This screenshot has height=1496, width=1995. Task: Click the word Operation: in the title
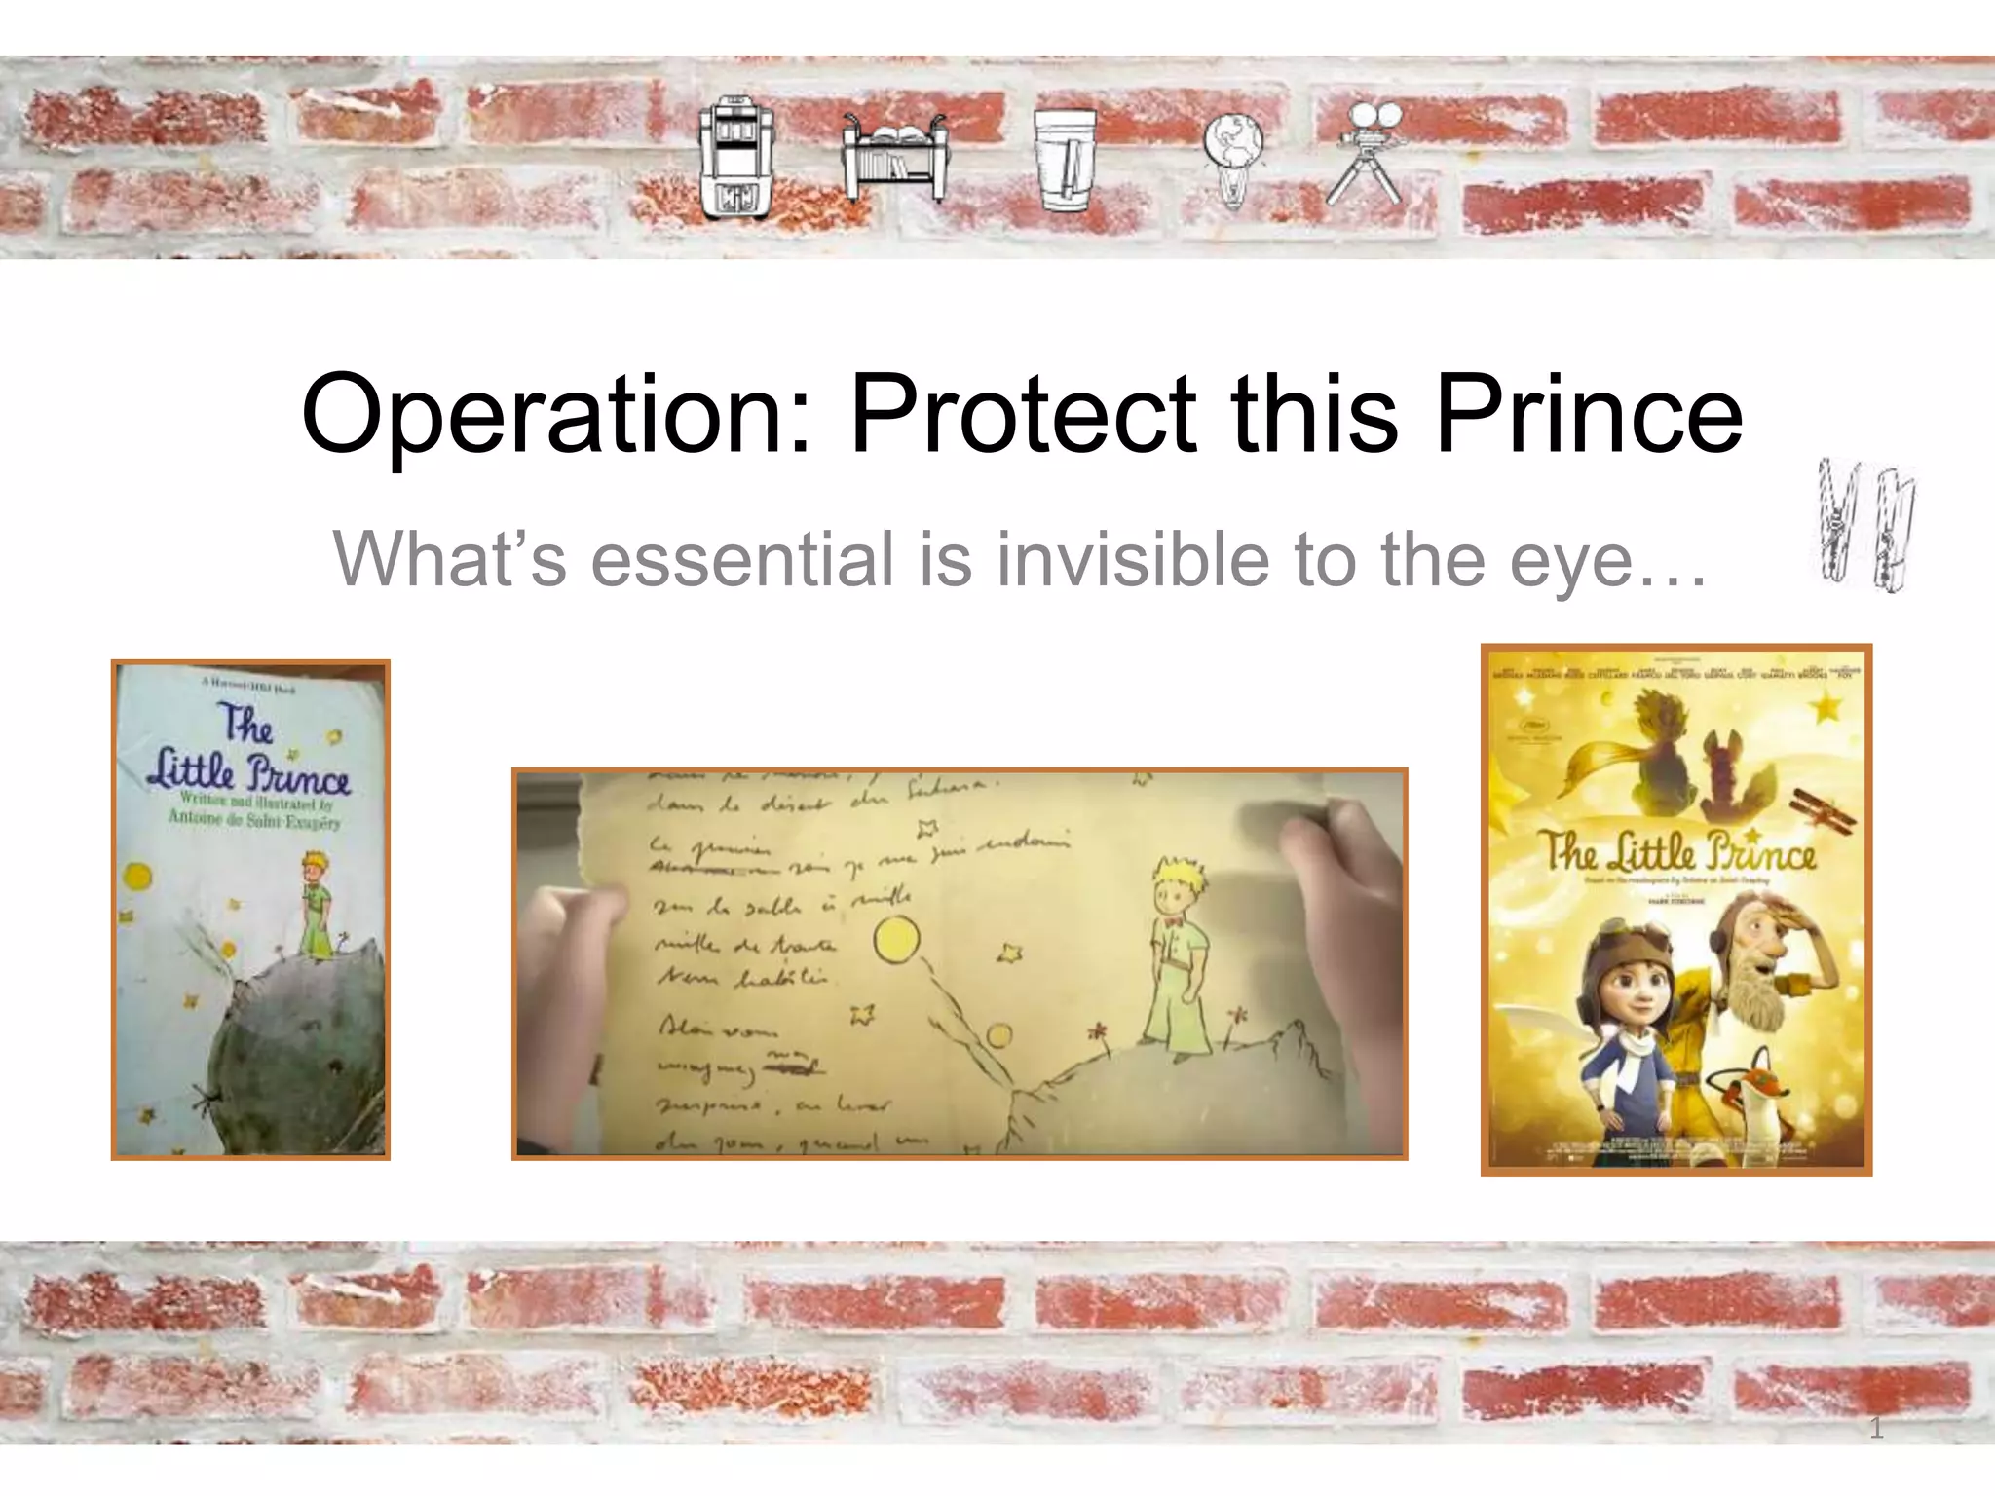(555, 415)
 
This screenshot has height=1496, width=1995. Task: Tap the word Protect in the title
(1023, 413)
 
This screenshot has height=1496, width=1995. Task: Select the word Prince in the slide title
(1588, 413)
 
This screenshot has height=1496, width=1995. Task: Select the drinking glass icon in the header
(1065, 159)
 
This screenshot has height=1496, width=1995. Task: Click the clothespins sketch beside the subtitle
(1866, 526)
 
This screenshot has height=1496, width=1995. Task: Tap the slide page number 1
(1876, 1429)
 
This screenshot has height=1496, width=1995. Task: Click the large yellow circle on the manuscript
(896, 942)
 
